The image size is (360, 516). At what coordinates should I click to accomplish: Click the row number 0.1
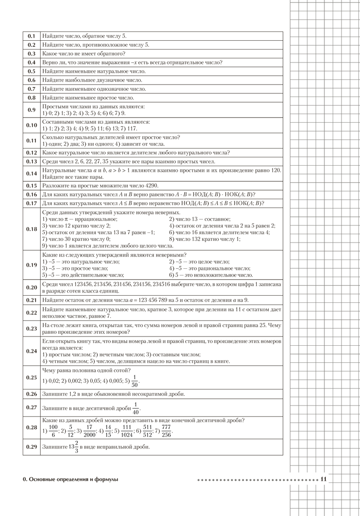pyautogui.click(x=31, y=36)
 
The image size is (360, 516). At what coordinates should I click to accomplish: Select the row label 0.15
pyautogui.click(x=31, y=185)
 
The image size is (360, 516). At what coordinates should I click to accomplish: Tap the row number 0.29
pyautogui.click(x=31, y=447)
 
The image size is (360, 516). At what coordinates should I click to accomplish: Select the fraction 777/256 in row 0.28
pyautogui.click(x=166, y=430)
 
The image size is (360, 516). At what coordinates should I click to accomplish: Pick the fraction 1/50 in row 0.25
pyautogui.click(x=135, y=381)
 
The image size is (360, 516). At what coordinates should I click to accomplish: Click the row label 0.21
pyautogui.click(x=31, y=300)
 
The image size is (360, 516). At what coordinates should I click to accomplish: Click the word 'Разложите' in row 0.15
pyautogui.click(x=56, y=185)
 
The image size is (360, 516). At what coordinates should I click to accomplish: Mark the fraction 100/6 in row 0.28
pyautogui.click(x=52, y=430)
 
